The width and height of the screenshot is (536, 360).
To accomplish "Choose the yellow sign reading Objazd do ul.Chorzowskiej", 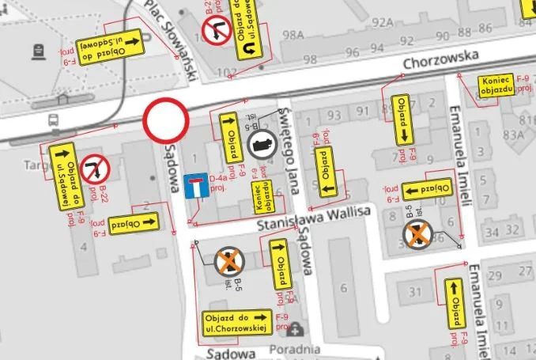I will pos(237,320).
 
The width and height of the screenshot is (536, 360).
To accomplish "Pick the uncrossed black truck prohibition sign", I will pos(262,145).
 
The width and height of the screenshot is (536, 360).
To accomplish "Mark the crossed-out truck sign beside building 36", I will pos(417,234).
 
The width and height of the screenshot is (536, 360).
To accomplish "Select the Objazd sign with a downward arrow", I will pos(403,119).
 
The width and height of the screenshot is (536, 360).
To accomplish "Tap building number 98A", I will pos(293,35).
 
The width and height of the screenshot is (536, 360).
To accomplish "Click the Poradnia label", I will pos(294,349).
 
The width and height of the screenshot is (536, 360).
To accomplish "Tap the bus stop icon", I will pos(52,121).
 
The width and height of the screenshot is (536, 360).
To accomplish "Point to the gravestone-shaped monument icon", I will pos(37,51).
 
